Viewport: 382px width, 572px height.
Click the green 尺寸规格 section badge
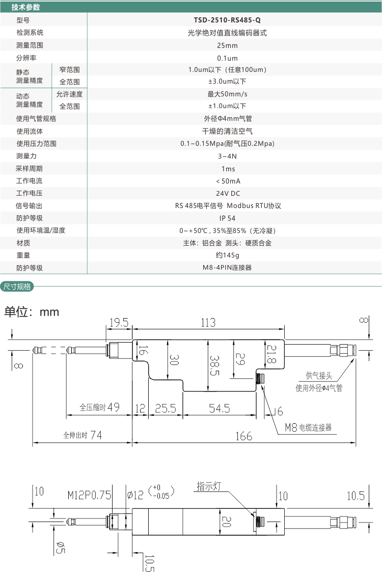(x=17, y=287)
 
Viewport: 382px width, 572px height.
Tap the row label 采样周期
(x=30, y=169)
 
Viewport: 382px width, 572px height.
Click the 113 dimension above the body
(x=208, y=323)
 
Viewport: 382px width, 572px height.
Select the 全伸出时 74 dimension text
(x=83, y=436)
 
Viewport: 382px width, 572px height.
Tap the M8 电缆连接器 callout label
(x=308, y=428)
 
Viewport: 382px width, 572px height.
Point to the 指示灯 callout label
(x=209, y=487)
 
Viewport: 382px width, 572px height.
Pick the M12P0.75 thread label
(x=89, y=495)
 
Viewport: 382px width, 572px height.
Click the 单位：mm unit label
(x=32, y=311)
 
